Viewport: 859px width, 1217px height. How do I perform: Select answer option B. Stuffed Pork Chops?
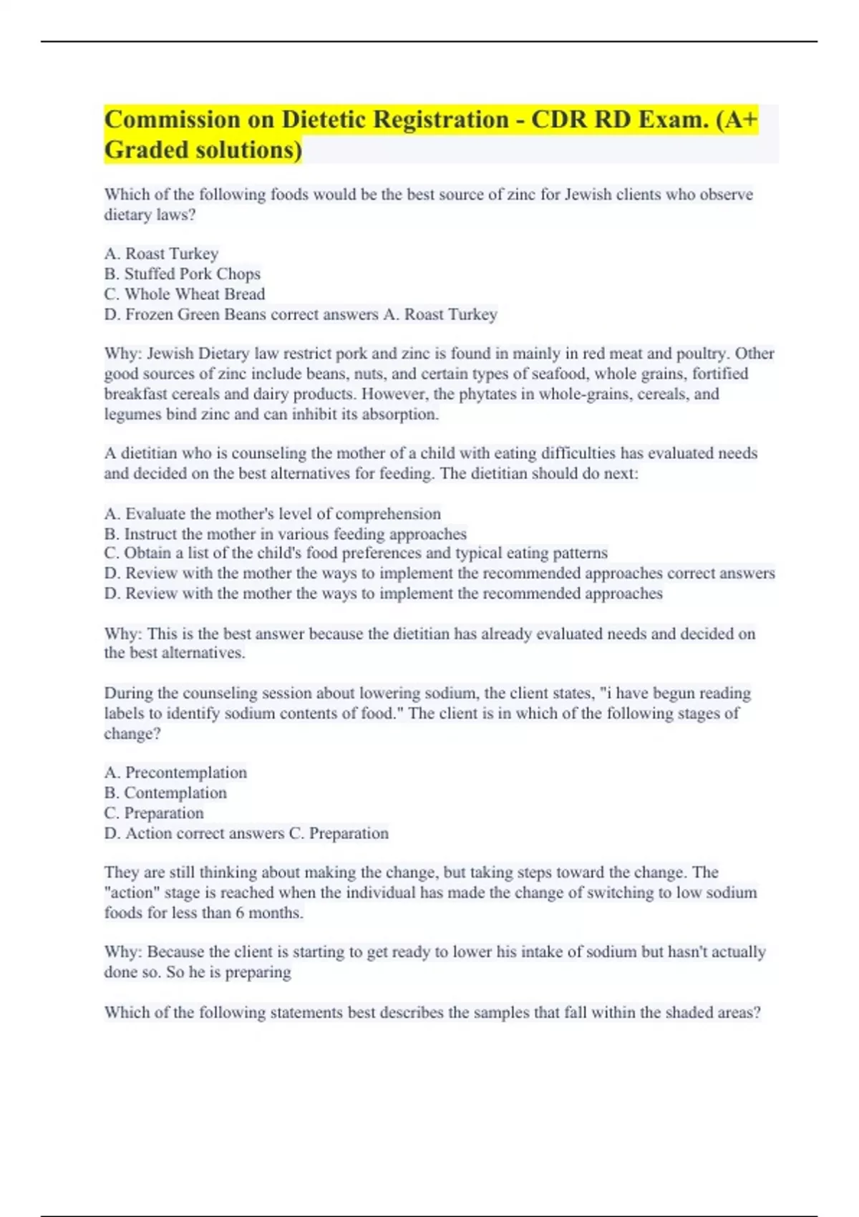pos(183,273)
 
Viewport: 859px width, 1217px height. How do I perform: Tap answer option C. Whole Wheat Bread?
pos(185,294)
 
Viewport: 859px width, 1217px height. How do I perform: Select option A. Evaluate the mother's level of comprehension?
pos(273,513)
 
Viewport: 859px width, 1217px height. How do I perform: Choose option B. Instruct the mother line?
pos(286,533)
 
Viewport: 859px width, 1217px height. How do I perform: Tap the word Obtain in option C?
pos(147,553)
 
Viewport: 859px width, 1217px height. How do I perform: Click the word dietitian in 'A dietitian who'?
pos(148,453)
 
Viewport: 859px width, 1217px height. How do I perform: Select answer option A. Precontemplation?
pos(175,772)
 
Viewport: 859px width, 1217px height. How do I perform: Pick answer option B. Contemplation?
pos(165,792)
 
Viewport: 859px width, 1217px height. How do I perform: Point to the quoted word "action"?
pos(132,893)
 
